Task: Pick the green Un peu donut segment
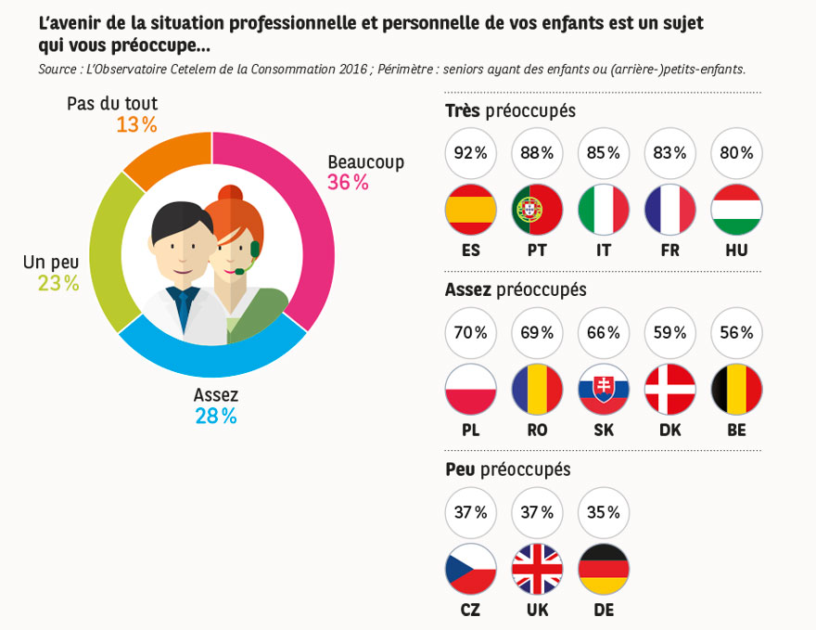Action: click(116, 251)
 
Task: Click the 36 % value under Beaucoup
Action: click(348, 183)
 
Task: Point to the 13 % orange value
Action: click(136, 124)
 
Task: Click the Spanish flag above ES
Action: click(471, 210)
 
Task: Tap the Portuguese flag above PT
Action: click(538, 210)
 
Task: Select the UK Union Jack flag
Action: click(538, 569)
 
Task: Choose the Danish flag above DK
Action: click(669, 389)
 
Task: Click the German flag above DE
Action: click(604, 569)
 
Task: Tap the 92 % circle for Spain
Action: click(471, 153)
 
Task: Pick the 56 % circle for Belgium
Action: click(736, 333)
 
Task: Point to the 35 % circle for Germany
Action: click(604, 513)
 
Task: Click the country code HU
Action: click(736, 251)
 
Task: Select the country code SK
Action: click(604, 431)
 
